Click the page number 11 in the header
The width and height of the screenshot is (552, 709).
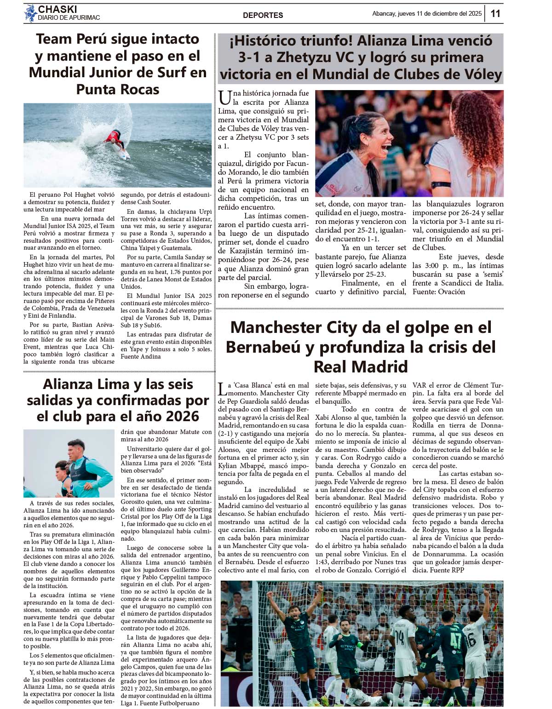(x=495, y=13)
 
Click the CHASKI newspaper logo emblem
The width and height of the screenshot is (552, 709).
(x=30, y=13)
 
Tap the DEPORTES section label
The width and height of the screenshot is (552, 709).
(x=263, y=15)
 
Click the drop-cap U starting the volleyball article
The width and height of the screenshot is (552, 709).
(x=224, y=98)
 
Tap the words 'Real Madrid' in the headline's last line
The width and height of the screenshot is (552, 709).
(x=361, y=367)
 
